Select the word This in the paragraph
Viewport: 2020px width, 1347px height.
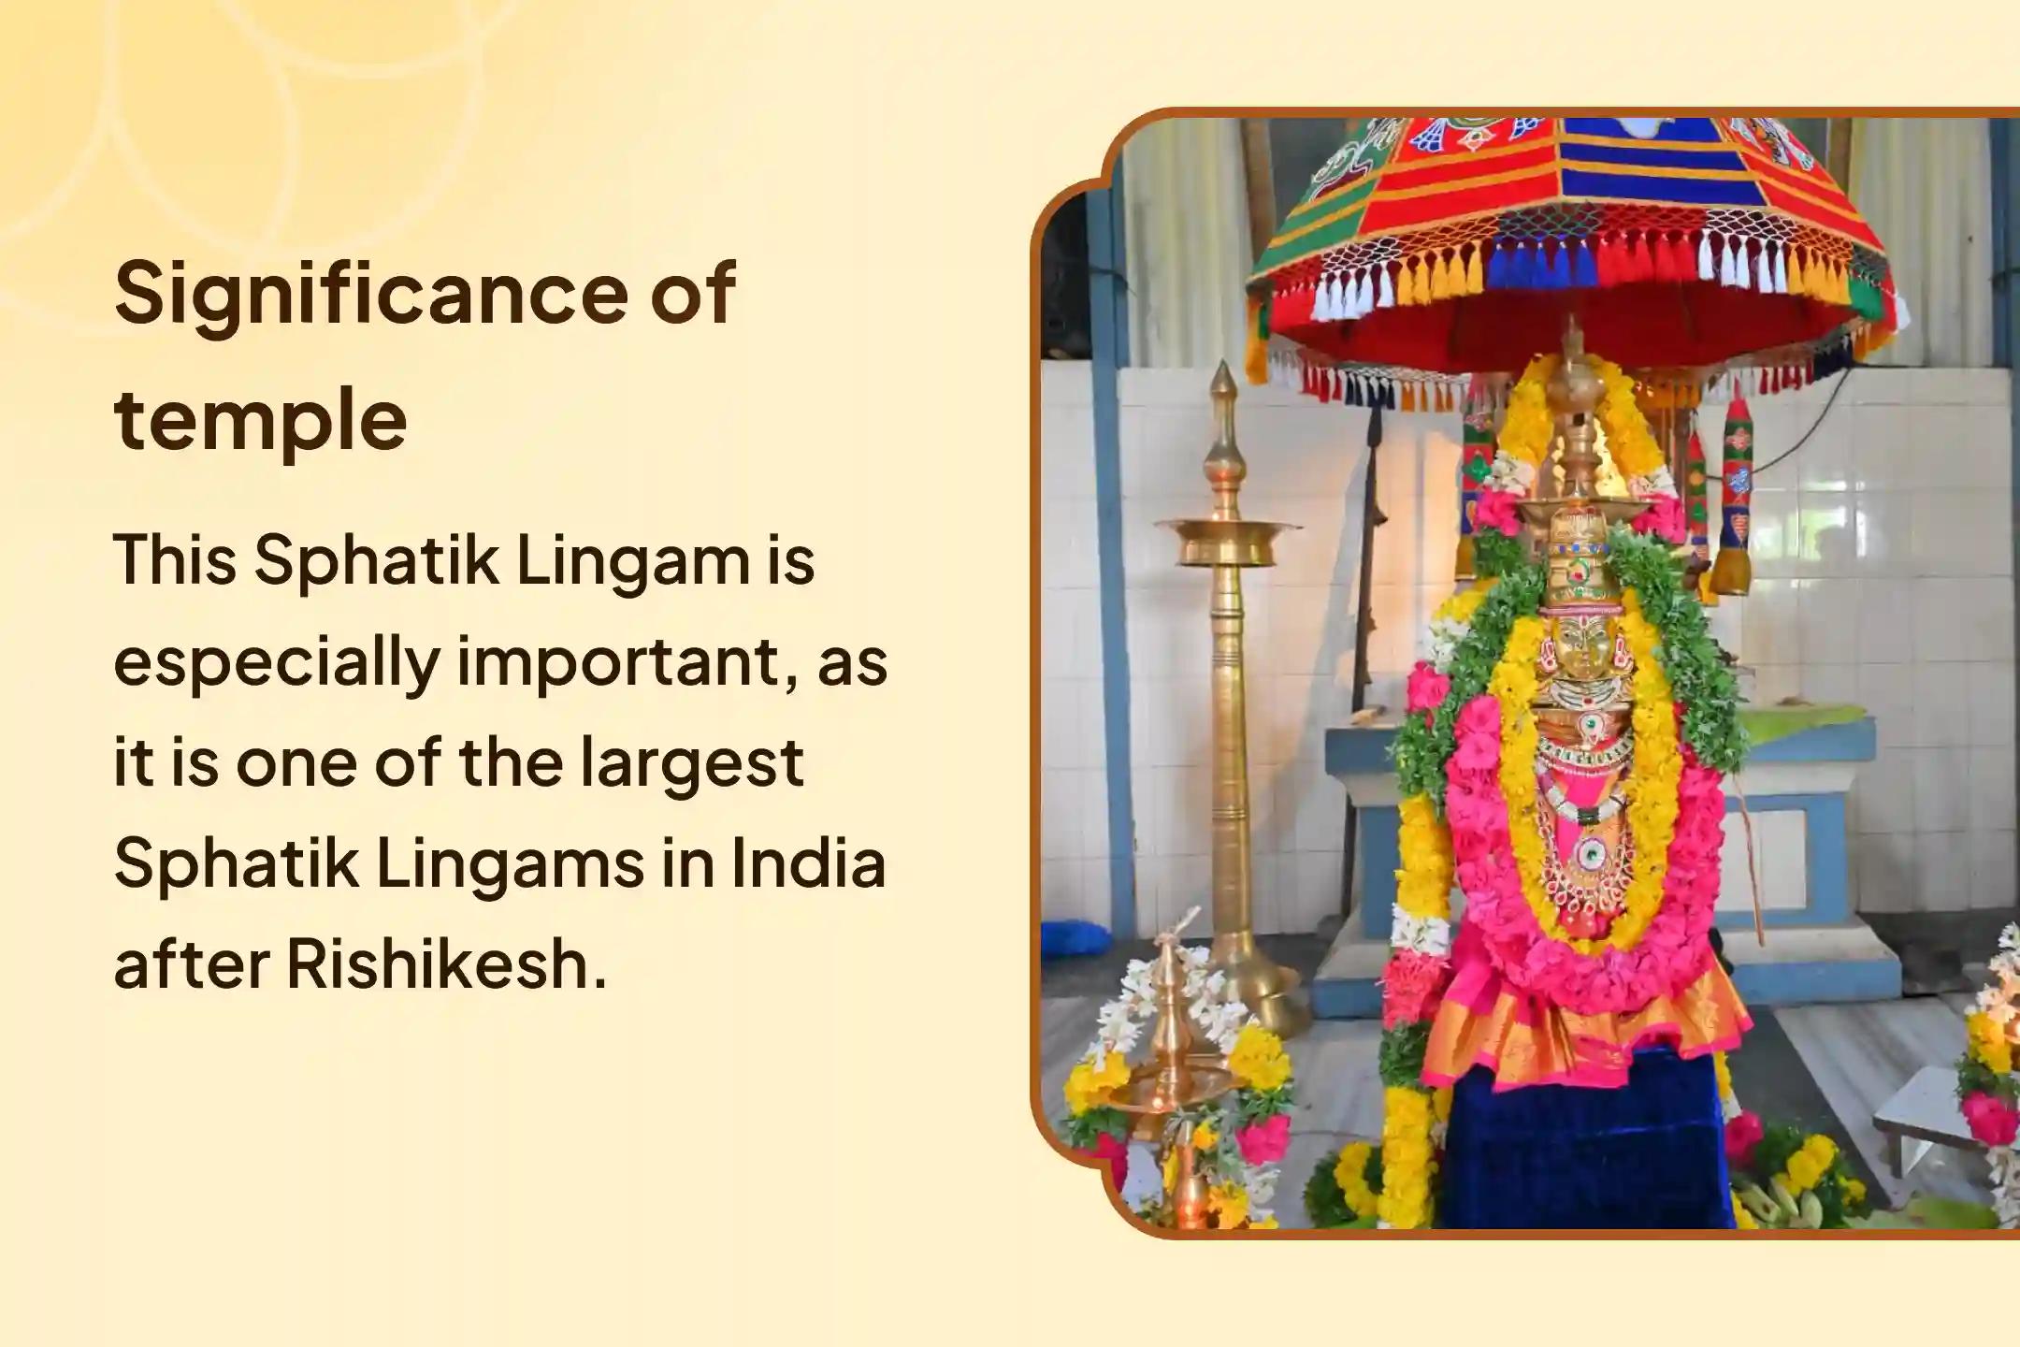pos(174,560)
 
